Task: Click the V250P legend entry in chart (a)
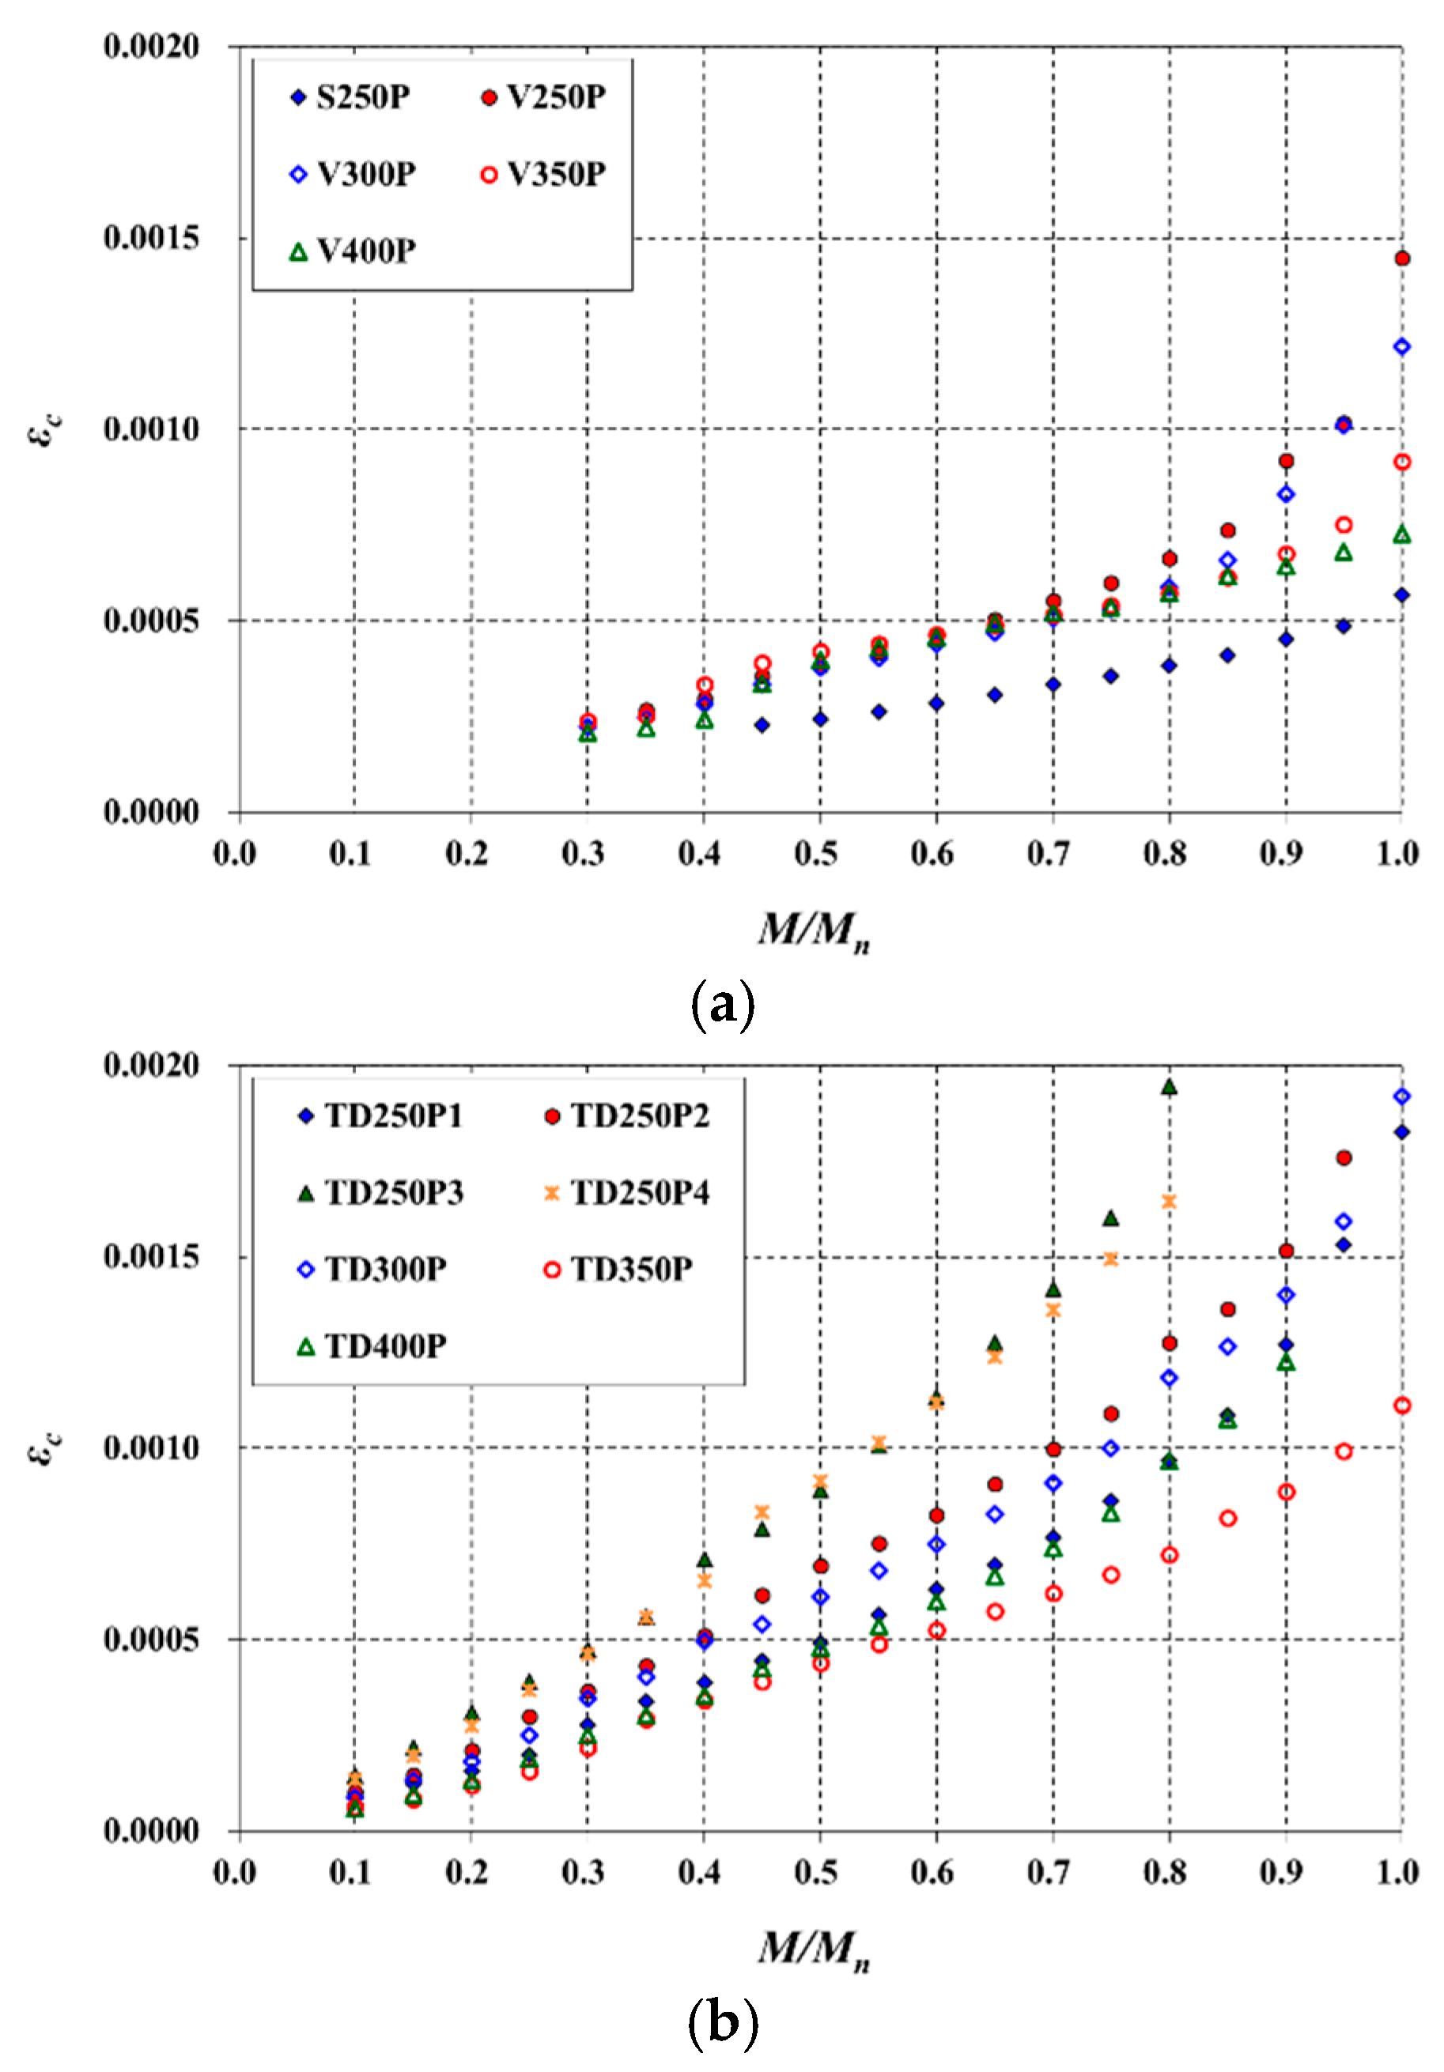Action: tap(542, 96)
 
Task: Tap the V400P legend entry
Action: tap(352, 251)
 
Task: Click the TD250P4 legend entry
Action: tap(626, 1193)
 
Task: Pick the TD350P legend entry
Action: tap(618, 1270)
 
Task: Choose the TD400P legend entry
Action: tap(372, 1346)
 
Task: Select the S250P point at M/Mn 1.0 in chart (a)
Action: tap(1401, 594)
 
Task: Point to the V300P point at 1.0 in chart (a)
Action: tap(1401, 346)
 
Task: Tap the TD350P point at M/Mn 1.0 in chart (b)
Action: tap(1401, 1405)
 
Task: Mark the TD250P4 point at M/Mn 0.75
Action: tap(1111, 1259)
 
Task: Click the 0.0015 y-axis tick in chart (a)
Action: tap(151, 238)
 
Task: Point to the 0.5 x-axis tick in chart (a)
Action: tap(816, 853)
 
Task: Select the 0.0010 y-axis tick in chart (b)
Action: tap(151, 1447)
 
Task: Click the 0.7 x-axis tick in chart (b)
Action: tap(1048, 1873)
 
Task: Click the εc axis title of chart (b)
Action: tap(45, 1448)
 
